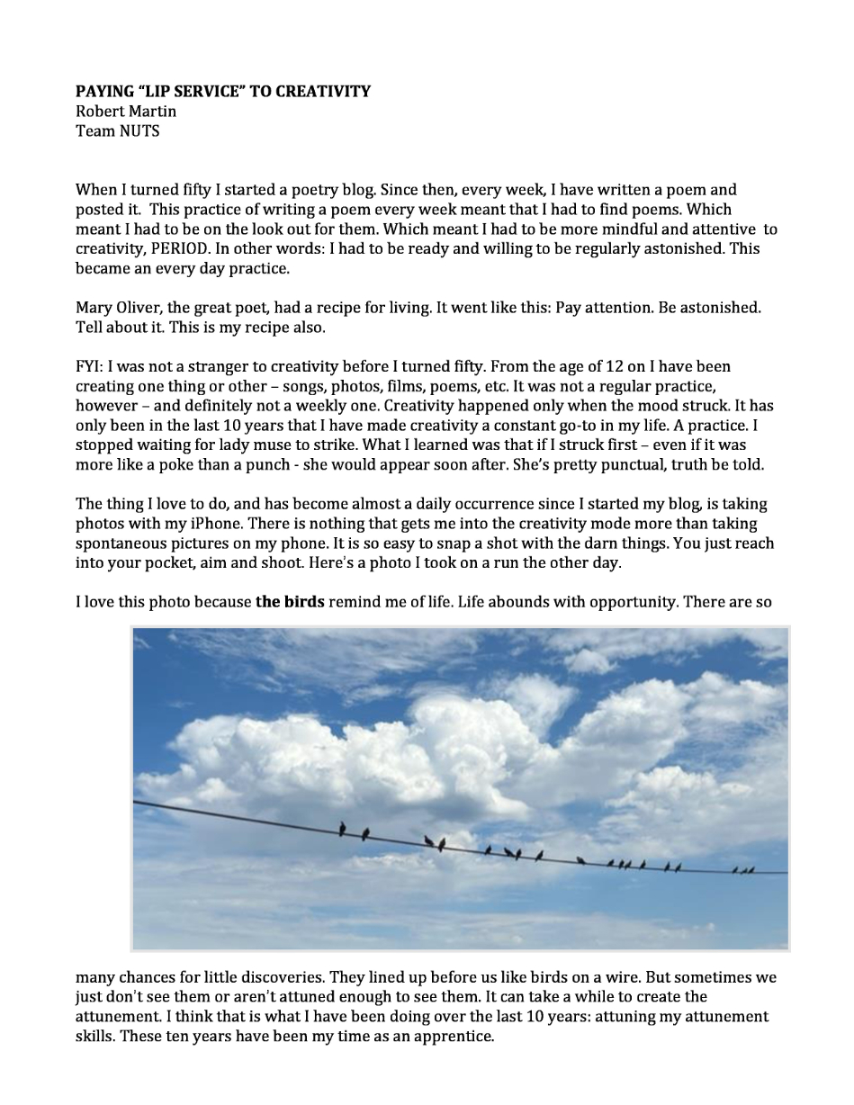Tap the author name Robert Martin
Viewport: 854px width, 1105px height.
[x=126, y=111]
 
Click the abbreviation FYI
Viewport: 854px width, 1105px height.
[x=89, y=366]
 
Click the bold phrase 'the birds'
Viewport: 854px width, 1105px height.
[x=290, y=602]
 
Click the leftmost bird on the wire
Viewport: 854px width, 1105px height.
[x=342, y=829]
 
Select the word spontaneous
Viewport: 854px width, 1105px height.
[x=120, y=544]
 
